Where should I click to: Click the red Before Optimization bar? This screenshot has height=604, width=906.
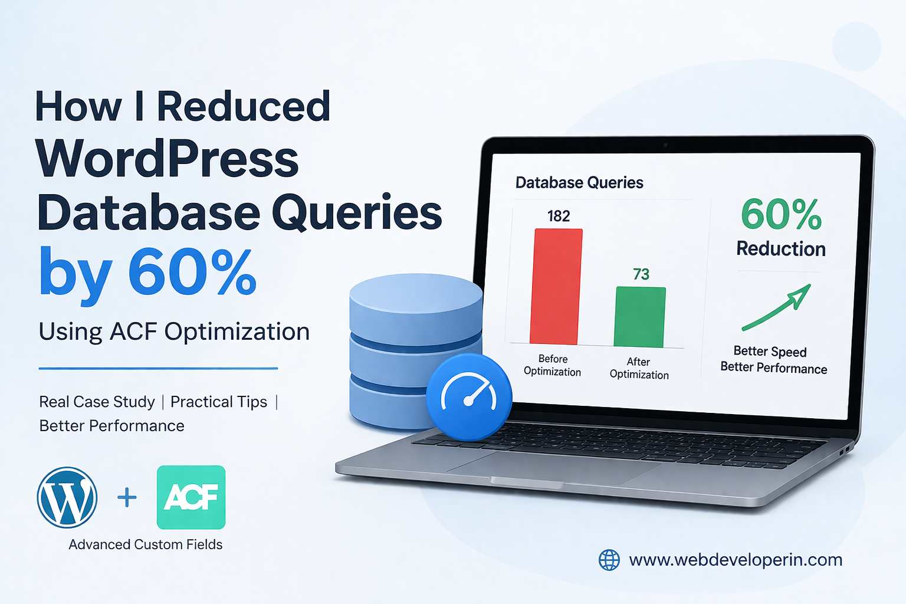(x=556, y=286)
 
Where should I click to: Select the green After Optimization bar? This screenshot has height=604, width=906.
(x=640, y=317)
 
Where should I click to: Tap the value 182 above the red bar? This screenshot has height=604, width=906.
(x=559, y=216)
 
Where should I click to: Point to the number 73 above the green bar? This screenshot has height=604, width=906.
(x=641, y=274)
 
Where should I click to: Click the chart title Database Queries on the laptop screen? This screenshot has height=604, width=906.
(x=579, y=183)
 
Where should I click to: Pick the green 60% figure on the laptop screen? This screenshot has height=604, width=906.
(x=781, y=214)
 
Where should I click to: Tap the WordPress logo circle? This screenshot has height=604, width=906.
(x=67, y=497)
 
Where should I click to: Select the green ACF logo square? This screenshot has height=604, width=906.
(x=191, y=497)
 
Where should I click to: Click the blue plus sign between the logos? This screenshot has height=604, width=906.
(x=127, y=498)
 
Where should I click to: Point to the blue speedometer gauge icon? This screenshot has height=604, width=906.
(x=469, y=397)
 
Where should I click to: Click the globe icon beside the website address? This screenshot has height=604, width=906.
(x=609, y=560)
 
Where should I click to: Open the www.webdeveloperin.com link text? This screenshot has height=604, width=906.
(x=736, y=560)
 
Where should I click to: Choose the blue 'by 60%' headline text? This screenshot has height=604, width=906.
(x=147, y=273)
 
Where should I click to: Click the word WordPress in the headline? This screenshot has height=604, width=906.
(x=168, y=159)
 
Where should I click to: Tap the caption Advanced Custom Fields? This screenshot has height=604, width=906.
(x=146, y=544)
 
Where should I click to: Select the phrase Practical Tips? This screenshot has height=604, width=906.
(x=219, y=402)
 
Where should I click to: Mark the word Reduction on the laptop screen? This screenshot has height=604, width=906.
(x=781, y=249)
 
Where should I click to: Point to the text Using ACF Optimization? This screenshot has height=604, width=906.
(x=174, y=332)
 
